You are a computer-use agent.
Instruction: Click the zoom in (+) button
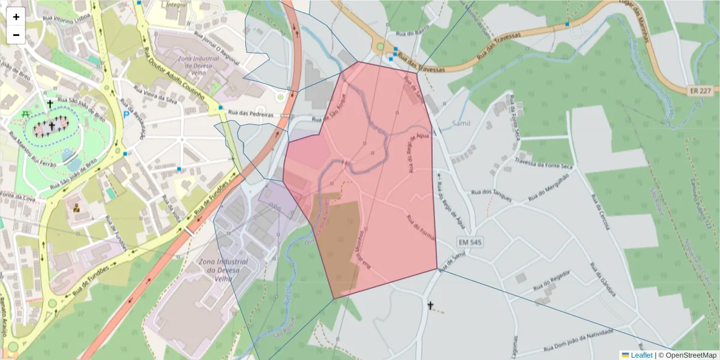[16, 17]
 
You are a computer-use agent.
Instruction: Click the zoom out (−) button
[16, 35]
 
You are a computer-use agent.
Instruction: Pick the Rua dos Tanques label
[491, 196]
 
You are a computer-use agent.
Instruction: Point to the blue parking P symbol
[126, 114]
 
